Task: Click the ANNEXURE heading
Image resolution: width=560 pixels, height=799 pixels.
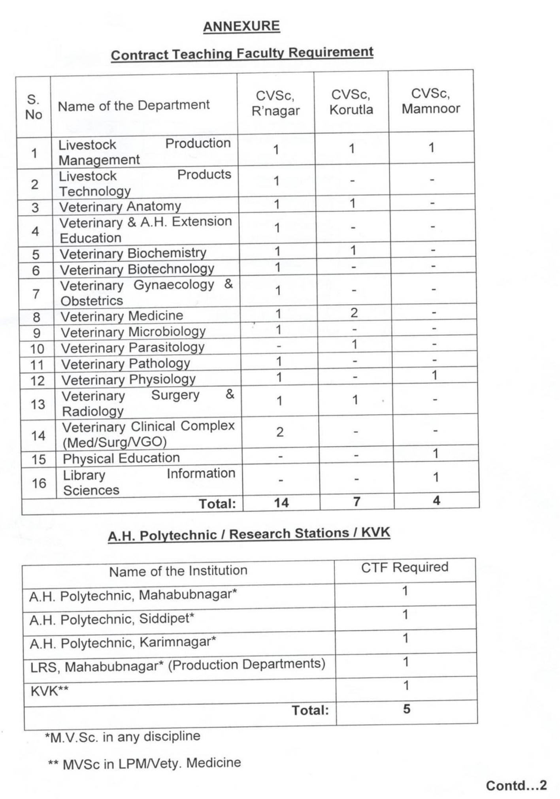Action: click(241, 26)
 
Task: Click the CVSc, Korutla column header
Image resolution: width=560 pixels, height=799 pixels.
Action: click(351, 102)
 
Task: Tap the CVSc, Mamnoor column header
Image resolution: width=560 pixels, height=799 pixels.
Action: click(431, 101)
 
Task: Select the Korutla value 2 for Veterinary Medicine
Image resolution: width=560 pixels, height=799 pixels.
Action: click(354, 313)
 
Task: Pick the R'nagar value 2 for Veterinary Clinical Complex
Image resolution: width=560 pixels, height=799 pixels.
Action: click(280, 432)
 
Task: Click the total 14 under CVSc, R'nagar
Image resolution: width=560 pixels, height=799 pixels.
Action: click(281, 503)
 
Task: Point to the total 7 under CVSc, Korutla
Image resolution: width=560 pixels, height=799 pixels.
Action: click(356, 502)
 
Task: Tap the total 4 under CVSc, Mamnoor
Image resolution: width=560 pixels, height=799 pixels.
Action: click(436, 501)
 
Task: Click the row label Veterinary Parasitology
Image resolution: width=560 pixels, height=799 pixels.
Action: click(133, 348)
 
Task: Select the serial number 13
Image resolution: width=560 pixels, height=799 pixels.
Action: click(38, 404)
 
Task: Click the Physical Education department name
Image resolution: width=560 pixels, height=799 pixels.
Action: click(121, 458)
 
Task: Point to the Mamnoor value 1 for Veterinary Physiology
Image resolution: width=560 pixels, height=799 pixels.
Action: click(434, 375)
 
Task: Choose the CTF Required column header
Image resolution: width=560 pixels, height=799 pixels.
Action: click(405, 567)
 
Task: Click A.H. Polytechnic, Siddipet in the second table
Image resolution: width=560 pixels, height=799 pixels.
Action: click(112, 619)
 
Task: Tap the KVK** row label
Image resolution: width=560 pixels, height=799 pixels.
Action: click(49, 691)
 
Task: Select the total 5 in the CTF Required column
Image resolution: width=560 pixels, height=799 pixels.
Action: click(407, 709)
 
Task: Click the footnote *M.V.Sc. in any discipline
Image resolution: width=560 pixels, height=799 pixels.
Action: click(123, 737)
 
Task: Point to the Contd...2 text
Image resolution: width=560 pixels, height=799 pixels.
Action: click(516, 785)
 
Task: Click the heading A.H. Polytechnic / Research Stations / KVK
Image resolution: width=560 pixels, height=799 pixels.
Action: click(249, 534)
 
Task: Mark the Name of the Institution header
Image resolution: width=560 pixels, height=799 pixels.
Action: click(178, 571)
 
